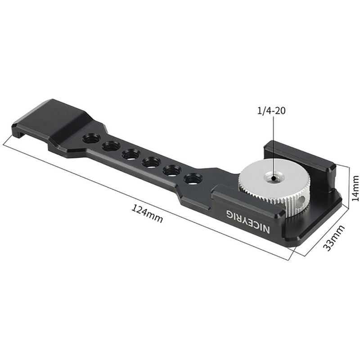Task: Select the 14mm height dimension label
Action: tap(355, 187)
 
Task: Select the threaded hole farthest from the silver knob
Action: tap(91, 139)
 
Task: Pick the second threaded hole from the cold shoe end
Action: tap(110, 146)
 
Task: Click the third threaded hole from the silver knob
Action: tap(151, 162)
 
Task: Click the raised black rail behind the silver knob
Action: tap(299, 158)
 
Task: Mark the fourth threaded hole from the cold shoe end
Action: tap(151, 162)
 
